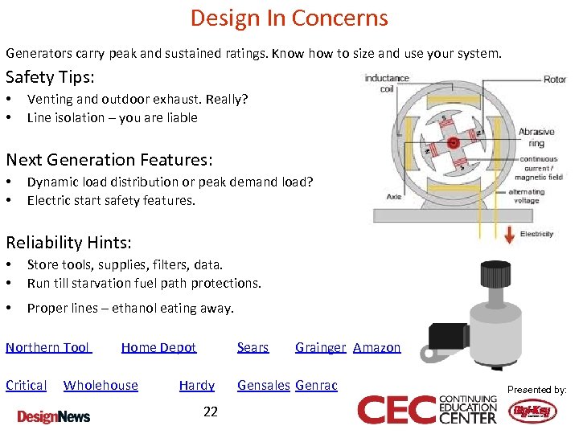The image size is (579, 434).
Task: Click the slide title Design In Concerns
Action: coord(289,18)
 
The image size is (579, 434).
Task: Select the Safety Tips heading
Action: coord(50,77)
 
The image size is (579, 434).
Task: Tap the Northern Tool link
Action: coord(48,347)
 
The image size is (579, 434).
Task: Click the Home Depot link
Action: coord(158,347)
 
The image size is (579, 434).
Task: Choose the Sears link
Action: coord(253,347)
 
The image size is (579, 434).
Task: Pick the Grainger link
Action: coord(320,347)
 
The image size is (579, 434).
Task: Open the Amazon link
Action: coord(376,347)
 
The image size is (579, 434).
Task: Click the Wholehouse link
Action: coord(101,385)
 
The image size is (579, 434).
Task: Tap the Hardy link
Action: coord(196,385)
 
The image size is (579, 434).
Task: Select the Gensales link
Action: coord(263,385)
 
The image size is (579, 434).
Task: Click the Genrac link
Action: coord(316,385)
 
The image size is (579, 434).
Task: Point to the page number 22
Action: coord(210,411)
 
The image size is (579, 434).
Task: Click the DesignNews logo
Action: coord(54,416)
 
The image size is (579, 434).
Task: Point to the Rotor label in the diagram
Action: coord(555,80)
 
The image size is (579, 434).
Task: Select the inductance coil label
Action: coord(387,83)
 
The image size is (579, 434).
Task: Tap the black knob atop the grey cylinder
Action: coord(491,276)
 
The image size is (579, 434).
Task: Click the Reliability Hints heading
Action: coord(68,242)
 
